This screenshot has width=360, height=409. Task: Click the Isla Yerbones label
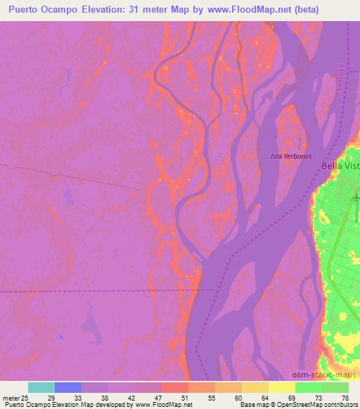291,156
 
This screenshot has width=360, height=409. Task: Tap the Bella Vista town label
340,167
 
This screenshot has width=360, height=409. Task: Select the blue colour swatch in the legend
67,387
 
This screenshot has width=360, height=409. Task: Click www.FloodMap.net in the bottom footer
161,405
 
